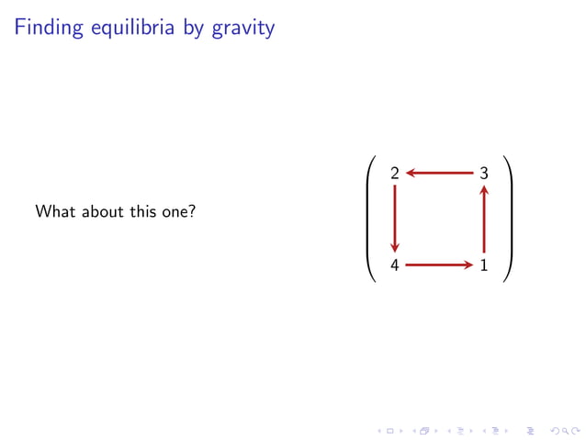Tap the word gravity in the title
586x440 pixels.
tap(243, 29)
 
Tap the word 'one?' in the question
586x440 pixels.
tap(178, 213)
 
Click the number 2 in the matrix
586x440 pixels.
tap(395, 173)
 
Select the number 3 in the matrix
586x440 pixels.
tap(484, 173)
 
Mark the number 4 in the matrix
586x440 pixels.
tap(395, 266)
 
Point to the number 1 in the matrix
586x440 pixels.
tap(484, 266)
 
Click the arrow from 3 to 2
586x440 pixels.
tap(439, 173)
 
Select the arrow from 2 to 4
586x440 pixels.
tap(395, 220)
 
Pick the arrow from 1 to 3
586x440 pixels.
tap(484, 220)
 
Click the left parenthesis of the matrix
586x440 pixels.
tap(370, 220)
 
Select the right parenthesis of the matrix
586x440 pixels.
tap(508, 220)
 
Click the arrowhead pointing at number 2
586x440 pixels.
tap(410, 173)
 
